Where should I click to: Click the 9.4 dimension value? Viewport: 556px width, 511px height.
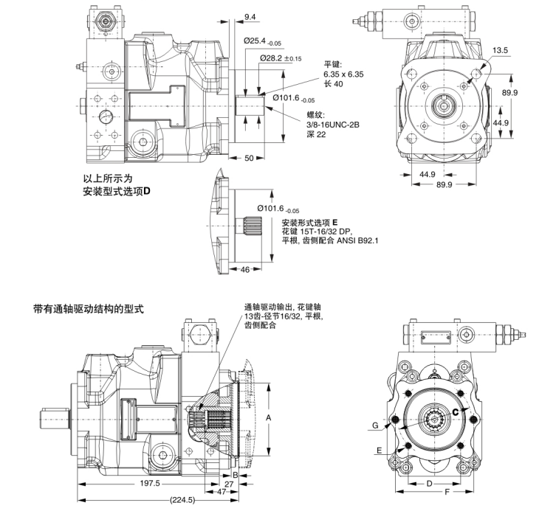(250, 15)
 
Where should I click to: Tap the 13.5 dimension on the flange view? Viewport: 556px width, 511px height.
(501, 50)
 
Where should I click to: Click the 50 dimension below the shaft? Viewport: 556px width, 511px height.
(250, 159)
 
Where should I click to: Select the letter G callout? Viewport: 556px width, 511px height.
(376, 425)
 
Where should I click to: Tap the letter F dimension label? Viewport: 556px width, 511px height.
(446, 490)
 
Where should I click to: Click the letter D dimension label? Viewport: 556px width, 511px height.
(429, 483)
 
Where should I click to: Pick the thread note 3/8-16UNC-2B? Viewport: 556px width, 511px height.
(332, 125)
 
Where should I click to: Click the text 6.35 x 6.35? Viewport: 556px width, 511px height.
(346, 74)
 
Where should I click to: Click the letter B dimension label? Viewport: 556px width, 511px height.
(235, 476)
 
